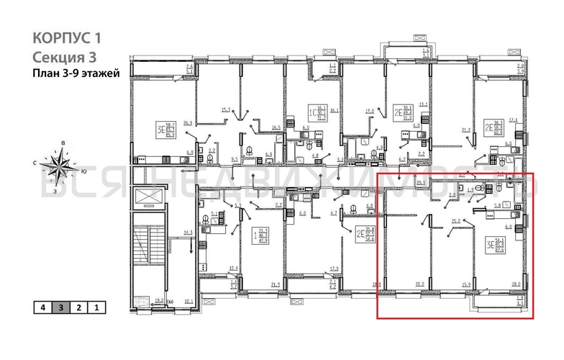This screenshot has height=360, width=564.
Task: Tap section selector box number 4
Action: [44, 307]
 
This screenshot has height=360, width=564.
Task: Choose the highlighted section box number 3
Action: [61, 307]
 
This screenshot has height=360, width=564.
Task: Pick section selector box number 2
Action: [79, 307]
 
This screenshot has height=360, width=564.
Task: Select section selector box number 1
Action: [96, 307]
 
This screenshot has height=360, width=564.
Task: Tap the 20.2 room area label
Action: [420, 284]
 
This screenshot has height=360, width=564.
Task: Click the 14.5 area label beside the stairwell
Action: [188, 232]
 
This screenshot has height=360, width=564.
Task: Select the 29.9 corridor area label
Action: [422, 184]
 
